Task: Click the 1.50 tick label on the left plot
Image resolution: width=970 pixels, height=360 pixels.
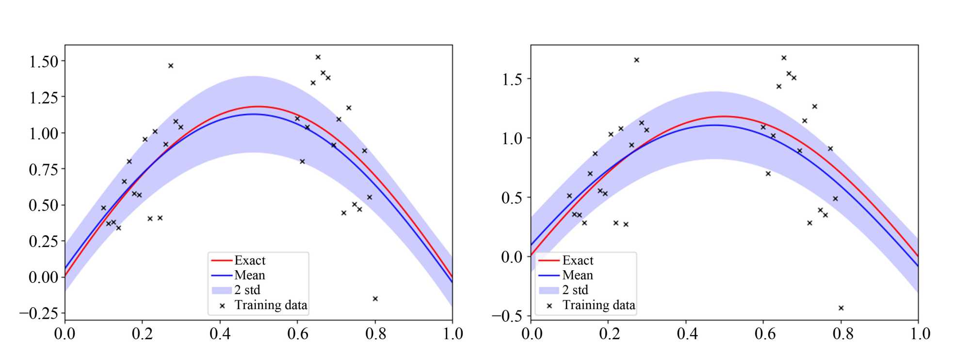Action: pyautogui.click(x=44, y=62)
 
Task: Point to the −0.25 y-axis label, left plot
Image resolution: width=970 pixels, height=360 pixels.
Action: pyautogui.click(x=38, y=313)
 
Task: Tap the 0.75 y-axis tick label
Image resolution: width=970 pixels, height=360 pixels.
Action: pyautogui.click(x=44, y=169)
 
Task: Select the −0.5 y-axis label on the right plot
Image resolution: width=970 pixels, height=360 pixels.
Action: pyautogui.click(x=507, y=316)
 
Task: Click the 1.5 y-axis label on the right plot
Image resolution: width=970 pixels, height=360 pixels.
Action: pyautogui.click(x=512, y=79)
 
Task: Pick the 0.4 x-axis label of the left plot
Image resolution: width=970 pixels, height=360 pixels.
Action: pyautogui.click(x=220, y=334)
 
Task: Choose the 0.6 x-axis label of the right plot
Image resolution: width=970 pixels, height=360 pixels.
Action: pyautogui.click(x=765, y=334)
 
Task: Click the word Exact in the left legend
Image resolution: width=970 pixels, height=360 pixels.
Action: pyautogui.click(x=250, y=261)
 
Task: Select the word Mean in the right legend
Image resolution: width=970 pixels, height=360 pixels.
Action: pyautogui.click(x=578, y=276)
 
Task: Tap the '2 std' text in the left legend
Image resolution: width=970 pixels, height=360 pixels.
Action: pyautogui.click(x=247, y=290)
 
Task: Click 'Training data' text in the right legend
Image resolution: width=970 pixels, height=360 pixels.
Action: pyautogui.click(x=599, y=305)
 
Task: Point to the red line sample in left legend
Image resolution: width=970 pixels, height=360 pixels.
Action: pyautogui.click(x=222, y=261)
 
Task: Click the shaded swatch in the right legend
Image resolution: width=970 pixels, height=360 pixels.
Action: pyautogui.click(x=549, y=290)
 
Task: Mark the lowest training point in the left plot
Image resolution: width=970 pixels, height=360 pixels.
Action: pyautogui.click(x=375, y=299)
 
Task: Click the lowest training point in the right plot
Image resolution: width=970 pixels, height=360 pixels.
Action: pyautogui.click(x=841, y=308)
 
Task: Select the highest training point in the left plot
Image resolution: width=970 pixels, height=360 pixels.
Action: pyautogui.click(x=318, y=57)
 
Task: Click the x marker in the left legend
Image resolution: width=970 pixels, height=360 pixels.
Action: pyautogui.click(x=222, y=306)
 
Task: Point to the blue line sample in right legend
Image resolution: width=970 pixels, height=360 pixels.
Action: pyautogui.click(x=549, y=276)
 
